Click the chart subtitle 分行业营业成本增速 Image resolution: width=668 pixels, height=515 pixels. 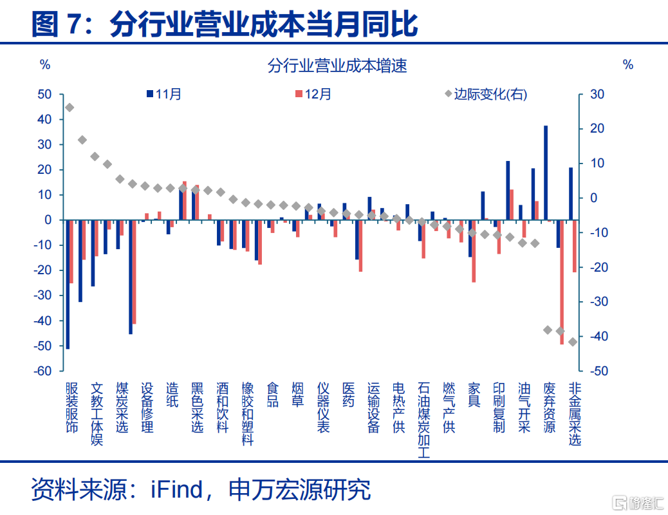(x=337, y=66)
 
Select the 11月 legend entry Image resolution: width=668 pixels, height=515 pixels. (x=164, y=94)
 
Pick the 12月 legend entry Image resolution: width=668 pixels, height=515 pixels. (x=313, y=94)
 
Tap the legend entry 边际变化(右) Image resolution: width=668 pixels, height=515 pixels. (x=486, y=94)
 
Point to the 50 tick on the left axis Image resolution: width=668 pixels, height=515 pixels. (x=45, y=94)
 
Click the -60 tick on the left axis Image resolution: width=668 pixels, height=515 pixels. (x=42, y=371)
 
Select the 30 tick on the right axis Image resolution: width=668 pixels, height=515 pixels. (x=597, y=94)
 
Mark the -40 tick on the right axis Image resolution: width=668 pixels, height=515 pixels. (x=599, y=337)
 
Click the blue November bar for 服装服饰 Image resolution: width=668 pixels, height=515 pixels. (x=68, y=285)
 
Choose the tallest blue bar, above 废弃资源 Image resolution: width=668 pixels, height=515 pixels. (x=546, y=173)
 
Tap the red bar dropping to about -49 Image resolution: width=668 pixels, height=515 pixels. (x=562, y=282)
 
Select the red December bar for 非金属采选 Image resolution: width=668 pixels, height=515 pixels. (x=575, y=246)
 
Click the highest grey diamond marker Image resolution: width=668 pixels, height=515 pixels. (x=70, y=108)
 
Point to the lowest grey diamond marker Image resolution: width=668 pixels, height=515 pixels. (x=573, y=342)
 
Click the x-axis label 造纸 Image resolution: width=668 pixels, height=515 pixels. (x=172, y=395)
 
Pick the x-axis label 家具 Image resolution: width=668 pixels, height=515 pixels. (x=474, y=395)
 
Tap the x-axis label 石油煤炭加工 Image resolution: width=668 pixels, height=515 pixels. (x=424, y=420)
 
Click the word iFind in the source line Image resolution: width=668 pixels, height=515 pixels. (x=177, y=489)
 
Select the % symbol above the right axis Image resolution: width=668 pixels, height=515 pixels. (x=628, y=65)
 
